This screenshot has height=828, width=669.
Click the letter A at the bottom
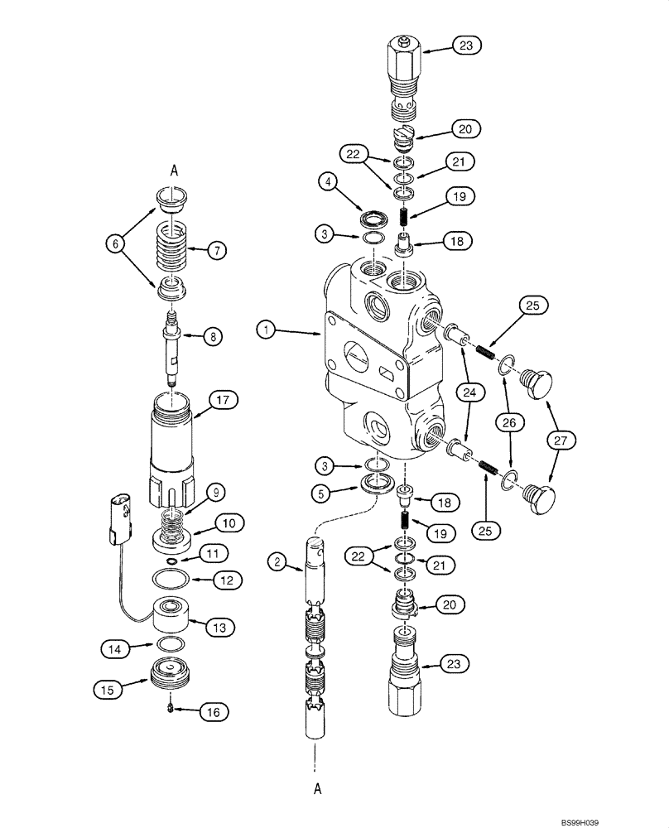tap(317, 791)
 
